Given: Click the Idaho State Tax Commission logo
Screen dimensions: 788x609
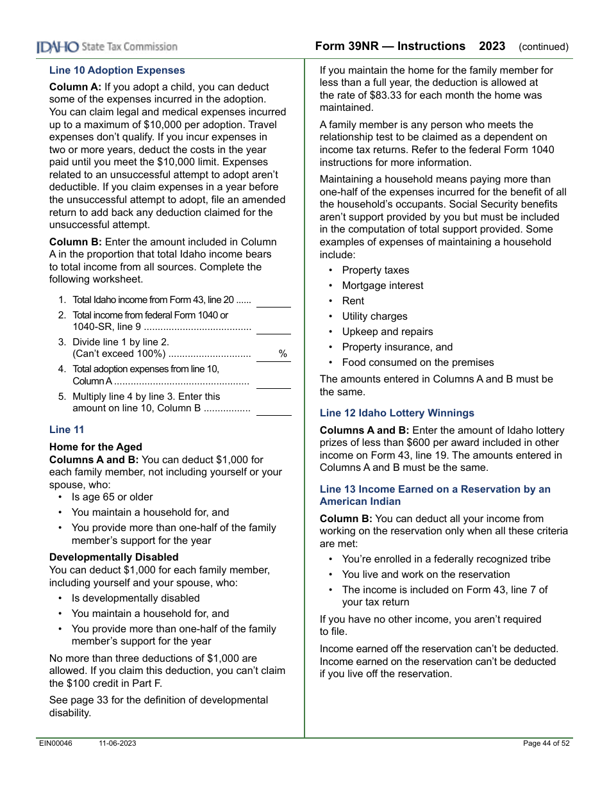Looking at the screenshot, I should tap(107, 47).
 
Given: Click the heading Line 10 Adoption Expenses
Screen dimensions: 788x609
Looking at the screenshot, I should tap(117, 70).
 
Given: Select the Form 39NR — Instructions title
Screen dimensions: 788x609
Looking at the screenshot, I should tap(390, 46).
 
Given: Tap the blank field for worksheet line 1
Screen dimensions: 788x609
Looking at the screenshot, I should tap(274, 301).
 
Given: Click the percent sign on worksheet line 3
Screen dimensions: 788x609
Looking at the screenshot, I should tap(282, 354).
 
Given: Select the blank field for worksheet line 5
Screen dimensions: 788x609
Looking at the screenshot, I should tap(274, 409).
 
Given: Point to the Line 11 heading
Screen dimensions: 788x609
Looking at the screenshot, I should tap(67, 430).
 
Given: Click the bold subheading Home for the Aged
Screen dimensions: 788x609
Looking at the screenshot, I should tap(96, 447).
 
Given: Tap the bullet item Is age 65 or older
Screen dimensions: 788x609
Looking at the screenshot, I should tap(112, 497).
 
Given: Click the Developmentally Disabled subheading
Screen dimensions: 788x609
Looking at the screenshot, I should tap(113, 557).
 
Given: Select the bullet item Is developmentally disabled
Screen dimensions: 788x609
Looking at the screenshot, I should tap(135, 598).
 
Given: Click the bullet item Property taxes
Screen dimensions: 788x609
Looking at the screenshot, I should tap(375, 270).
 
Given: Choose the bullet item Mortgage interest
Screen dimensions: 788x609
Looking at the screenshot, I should tap(382, 286).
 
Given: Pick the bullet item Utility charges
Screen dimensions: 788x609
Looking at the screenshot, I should tap(374, 316).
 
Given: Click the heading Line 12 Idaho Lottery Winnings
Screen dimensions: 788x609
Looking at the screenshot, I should tap(397, 413).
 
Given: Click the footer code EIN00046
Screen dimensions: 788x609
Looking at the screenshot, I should tap(56, 743).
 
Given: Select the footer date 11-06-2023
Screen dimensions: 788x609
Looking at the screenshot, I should tap(117, 743).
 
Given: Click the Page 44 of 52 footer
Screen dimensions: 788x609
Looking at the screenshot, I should tap(546, 743).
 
